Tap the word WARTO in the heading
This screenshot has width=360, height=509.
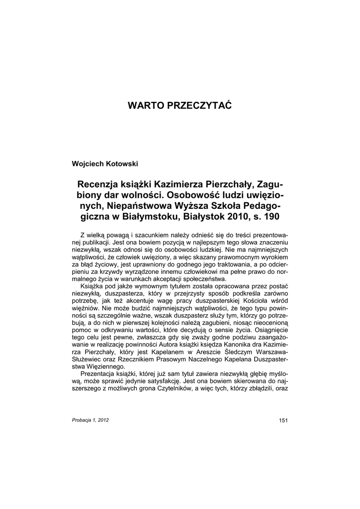pos(145,106)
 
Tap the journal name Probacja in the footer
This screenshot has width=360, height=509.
pos(83,420)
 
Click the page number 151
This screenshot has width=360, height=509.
pos(283,421)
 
